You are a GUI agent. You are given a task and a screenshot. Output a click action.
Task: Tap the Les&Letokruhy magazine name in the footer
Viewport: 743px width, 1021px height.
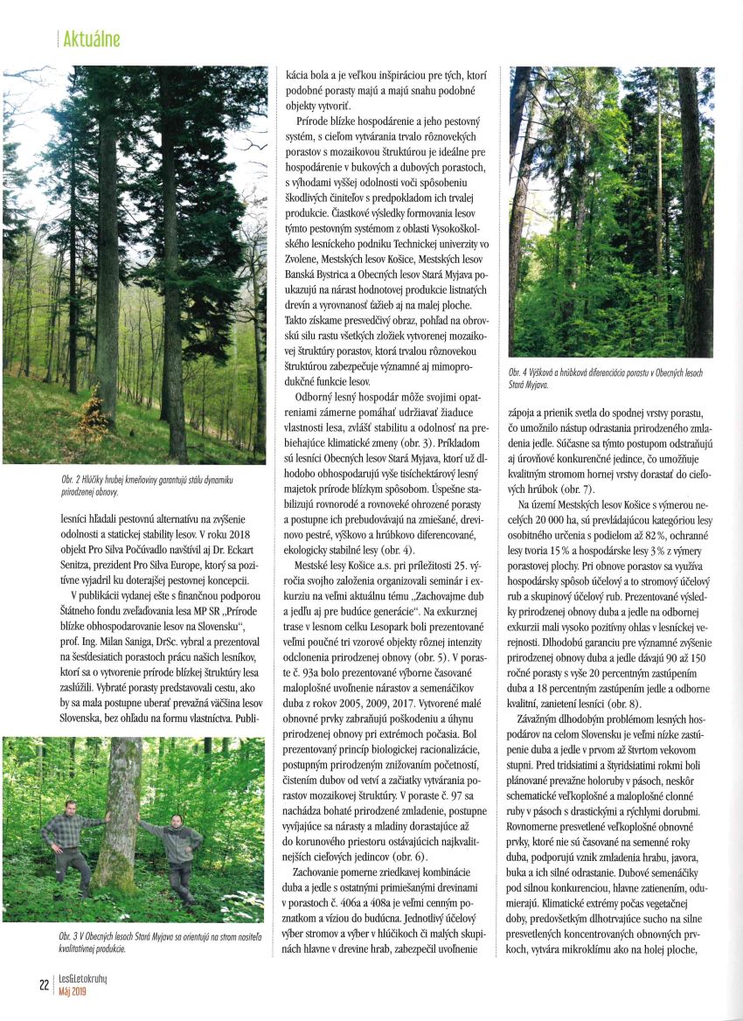coord(83,979)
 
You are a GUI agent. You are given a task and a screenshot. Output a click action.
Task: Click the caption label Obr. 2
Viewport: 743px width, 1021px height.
coord(60,480)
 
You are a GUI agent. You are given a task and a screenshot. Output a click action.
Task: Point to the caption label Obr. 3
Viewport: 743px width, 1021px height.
coord(60,935)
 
